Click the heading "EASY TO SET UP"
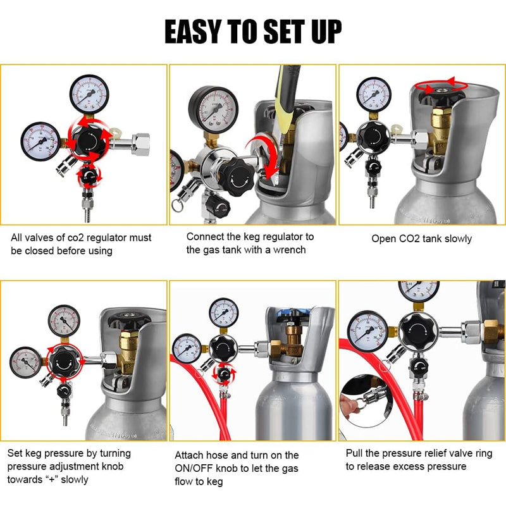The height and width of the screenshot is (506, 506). [x=253, y=31]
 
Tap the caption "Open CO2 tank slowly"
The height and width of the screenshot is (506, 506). [x=421, y=239]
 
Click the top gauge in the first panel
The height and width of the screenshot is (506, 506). [x=89, y=94]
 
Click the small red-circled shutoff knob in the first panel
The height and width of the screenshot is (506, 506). [x=89, y=175]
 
